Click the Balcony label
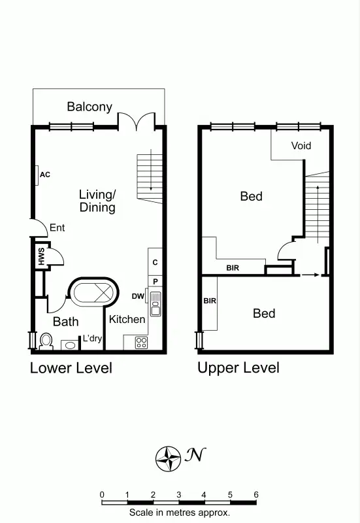[x=90, y=107]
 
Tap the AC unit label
[x=45, y=175]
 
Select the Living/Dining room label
[x=97, y=201]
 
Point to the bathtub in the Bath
[x=93, y=292]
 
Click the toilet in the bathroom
[x=46, y=341]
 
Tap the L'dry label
[x=92, y=339]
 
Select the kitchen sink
[x=155, y=301]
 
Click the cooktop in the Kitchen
[x=141, y=342]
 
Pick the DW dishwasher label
[x=138, y=296]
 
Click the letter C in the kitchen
[x=155, y=262]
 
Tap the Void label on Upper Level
[x=301, y=145]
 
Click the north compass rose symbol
[x=169, y=459]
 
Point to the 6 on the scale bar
[x=256, y=494]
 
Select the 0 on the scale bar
[x=102, y=494]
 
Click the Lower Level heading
[x=71, y=368]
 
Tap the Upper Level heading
[x=238, y=368]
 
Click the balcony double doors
[x=137, y=121]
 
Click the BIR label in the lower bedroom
[x=210, y=301]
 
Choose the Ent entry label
[x=57, y=228]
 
